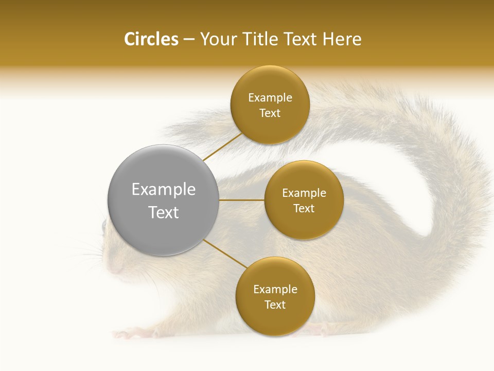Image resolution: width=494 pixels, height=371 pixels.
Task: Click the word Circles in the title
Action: click(151, 39)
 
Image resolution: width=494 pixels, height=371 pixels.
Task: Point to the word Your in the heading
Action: click(218, 39)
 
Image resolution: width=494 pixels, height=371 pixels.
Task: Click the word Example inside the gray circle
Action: click(163, 190)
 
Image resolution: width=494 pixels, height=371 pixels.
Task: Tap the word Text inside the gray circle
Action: click(163, 212)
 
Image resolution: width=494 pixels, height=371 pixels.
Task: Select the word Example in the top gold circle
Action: click(270, 98)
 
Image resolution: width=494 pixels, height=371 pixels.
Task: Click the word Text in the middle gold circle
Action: click(304, 209)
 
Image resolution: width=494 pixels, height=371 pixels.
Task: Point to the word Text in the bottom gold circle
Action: click(275, 305)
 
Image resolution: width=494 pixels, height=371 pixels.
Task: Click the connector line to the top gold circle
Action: click(222, 146)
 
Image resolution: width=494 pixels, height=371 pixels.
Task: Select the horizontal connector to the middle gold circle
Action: click(241, 200)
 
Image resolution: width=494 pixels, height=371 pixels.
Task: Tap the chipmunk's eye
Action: click(105, 225)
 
